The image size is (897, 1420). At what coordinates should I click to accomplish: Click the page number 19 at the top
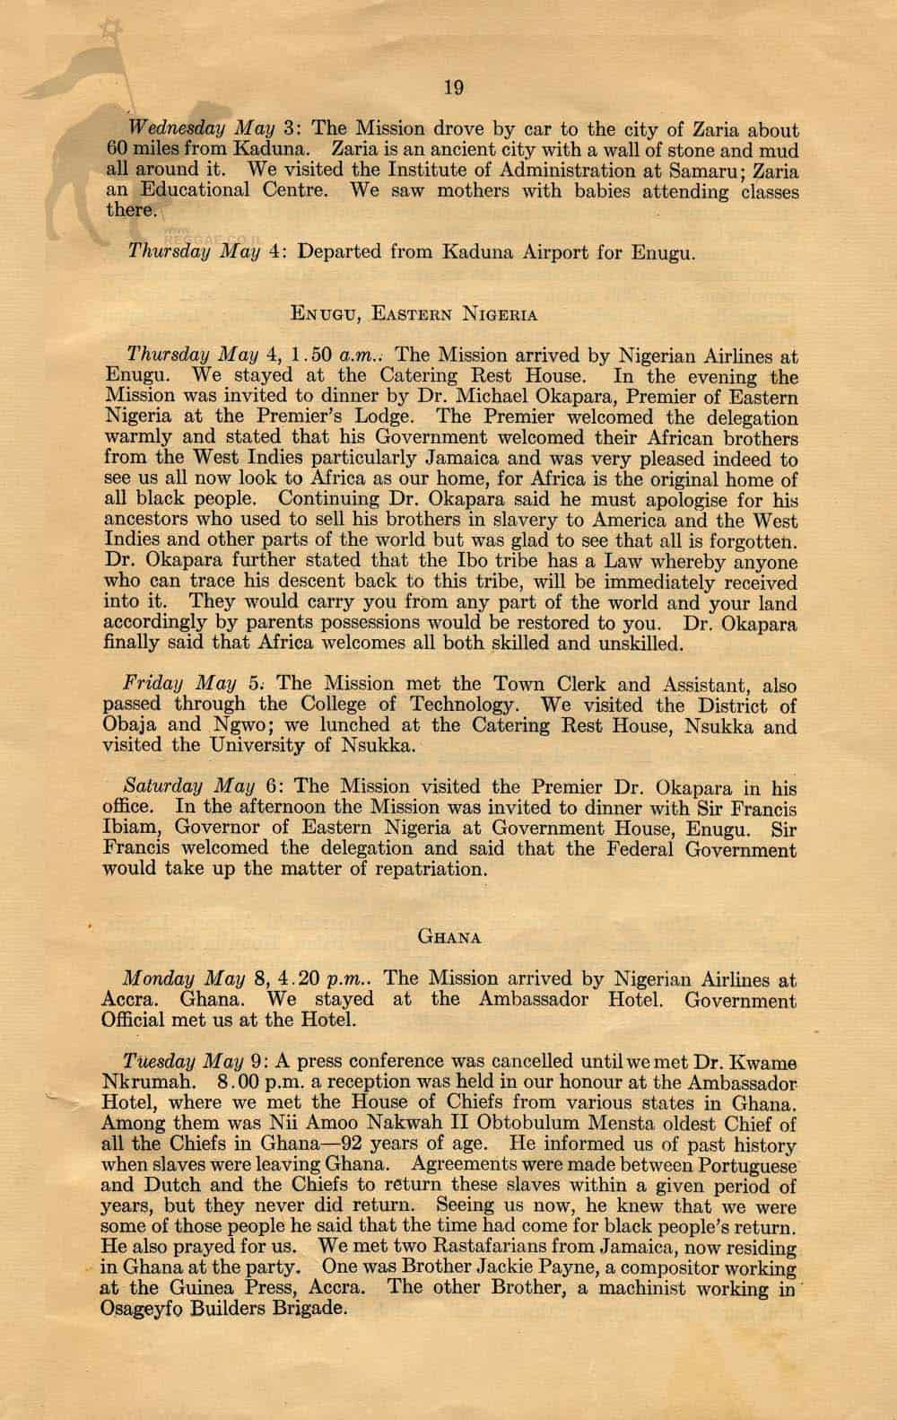tap(452, 87)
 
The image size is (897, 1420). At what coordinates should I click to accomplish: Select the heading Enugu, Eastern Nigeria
tap(414, 313)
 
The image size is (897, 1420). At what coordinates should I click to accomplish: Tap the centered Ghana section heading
tap(450, 936)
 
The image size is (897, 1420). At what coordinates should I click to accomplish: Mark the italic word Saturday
tap(160, 787)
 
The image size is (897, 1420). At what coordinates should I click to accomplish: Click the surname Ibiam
tap(132, 828)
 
